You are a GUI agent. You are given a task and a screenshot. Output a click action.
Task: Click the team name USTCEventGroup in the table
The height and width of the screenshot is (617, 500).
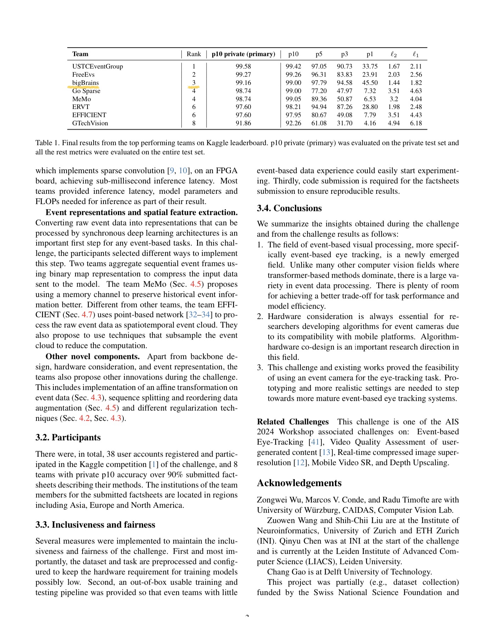coord(97,66)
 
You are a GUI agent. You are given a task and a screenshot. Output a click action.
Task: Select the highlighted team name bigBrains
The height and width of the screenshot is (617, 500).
coord(85,83)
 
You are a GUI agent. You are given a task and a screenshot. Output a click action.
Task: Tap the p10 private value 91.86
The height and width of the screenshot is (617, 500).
coord(243,123)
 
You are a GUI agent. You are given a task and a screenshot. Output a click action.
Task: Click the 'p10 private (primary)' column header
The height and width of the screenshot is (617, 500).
coord(243,54)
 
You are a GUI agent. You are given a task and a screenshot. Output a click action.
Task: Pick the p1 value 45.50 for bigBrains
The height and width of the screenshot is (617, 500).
coord(370,83)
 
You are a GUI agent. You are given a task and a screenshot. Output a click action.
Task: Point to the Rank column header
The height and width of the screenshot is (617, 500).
coord(193,54)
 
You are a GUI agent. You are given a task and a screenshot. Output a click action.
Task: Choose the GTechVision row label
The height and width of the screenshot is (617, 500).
coord(90,123)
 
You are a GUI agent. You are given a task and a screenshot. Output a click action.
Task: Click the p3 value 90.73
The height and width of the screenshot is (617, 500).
coord(344,66)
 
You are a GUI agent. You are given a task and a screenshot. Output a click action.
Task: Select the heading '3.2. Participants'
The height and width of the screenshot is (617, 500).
coord(68,437)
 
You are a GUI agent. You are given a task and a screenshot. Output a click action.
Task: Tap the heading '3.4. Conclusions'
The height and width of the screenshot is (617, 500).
coord(289,208)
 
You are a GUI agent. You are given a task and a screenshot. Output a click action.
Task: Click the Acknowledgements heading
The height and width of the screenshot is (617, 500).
coord(299,483)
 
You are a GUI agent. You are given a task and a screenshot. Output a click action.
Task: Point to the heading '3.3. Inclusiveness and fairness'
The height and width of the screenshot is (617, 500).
coord(95,525)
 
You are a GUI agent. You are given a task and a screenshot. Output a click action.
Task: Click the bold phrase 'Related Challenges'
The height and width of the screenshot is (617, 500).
coord(293,422)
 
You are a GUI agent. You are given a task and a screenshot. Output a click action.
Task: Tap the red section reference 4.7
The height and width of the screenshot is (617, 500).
coord(87,315)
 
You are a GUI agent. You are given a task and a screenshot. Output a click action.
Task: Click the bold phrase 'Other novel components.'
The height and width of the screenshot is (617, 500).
coord(92,357)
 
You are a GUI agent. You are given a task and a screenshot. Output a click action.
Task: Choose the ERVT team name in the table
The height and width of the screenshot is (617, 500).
coord(81,107)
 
